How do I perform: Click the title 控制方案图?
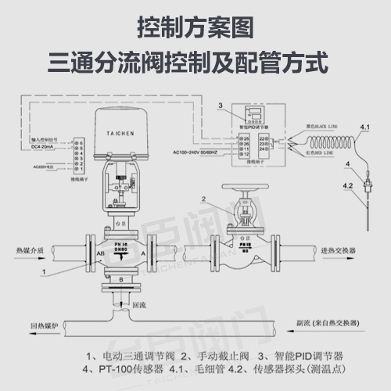[195, 29]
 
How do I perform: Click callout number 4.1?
[364, 126]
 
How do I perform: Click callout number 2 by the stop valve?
[204, 200]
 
